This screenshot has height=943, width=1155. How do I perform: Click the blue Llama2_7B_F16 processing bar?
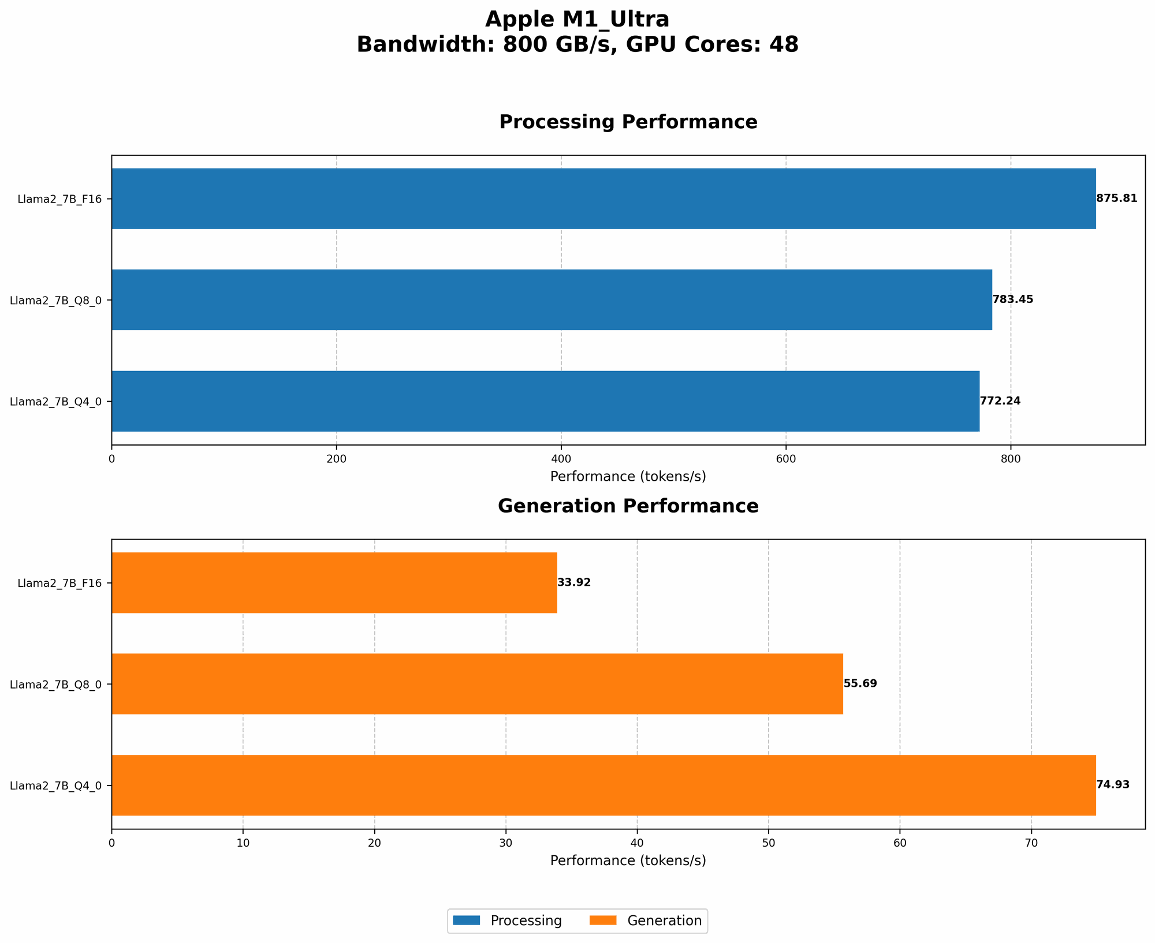603,199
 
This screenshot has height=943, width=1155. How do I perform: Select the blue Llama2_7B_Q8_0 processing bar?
552,300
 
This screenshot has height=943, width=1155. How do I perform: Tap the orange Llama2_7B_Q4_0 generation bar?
603,785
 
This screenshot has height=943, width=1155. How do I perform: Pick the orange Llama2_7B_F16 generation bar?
334,582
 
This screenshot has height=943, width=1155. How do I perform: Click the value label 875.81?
1116,199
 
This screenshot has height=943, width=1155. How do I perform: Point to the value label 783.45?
1012,300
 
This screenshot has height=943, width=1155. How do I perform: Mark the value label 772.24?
1000,401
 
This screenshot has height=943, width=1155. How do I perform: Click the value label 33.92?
574,582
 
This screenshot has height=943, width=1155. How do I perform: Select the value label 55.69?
860,684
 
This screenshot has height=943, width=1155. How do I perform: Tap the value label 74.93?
1112,785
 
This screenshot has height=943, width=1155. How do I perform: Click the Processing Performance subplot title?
628,122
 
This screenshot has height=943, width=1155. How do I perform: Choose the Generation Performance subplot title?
628,506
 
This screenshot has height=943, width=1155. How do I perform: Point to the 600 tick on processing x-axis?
785,459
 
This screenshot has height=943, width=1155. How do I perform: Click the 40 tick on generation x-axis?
637,843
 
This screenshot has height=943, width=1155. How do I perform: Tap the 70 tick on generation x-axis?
1031,843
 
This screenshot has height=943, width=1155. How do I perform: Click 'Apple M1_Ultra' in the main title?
577,20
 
